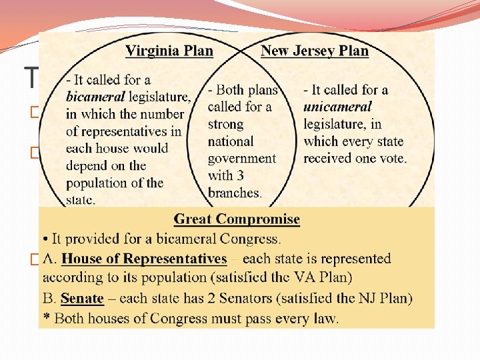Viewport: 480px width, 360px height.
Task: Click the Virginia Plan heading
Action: (169, 51)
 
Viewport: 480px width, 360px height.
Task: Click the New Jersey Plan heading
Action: (314, 51)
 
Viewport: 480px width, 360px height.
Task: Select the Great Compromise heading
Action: (237, 219)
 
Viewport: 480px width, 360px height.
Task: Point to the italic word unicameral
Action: (337, 107)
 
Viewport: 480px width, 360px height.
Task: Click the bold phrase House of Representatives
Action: (145, 259)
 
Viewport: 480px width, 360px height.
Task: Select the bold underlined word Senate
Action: (82, 299)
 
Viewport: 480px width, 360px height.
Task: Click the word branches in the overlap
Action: (235, 193)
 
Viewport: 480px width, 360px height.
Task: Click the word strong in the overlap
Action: (225, 124)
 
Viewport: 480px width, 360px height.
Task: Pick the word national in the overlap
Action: (231, 141)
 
